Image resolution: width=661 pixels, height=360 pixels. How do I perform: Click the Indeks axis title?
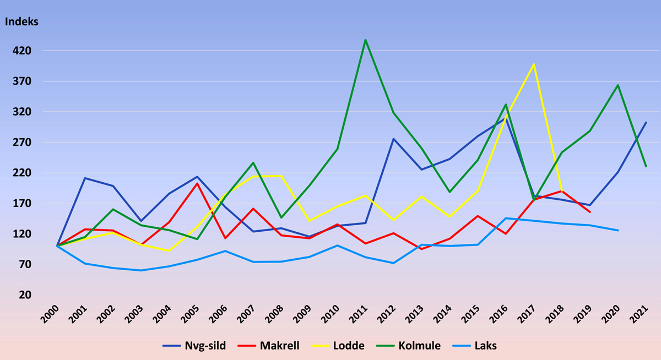click(21, 22)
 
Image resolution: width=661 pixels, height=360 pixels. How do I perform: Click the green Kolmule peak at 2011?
click(365, 40)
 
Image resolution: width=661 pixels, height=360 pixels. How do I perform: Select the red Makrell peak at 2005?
click(197, 183)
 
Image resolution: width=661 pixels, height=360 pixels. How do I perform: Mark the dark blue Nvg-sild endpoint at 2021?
click(646, 122)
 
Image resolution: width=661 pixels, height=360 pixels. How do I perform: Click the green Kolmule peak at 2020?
click(618, 85)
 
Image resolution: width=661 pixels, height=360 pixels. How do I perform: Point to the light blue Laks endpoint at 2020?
click(618, 230)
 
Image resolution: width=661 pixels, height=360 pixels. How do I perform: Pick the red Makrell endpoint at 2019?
click(590, 212)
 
